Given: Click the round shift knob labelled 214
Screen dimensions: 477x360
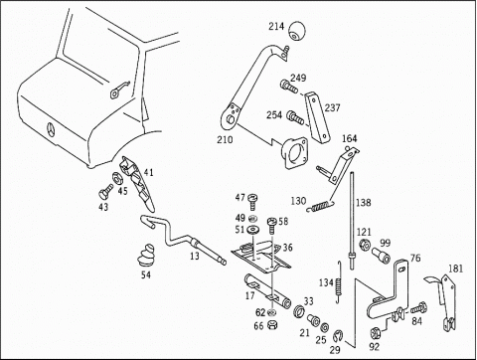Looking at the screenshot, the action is tap(297, 31).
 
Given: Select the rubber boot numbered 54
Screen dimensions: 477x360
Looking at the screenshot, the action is tap(146, 256).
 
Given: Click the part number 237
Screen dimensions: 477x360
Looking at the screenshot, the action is tap(332, 107).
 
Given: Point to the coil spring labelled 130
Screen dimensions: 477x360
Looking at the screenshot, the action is tap(321, 206).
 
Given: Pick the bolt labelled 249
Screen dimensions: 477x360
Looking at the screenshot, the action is tap(289, 86).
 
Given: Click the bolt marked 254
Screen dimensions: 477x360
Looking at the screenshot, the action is tap(295, 117).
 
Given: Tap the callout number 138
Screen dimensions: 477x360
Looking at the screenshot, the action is tap(364, 203).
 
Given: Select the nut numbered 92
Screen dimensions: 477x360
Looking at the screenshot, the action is tap(376, 332).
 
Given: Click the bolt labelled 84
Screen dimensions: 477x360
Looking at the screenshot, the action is tap(418, 307).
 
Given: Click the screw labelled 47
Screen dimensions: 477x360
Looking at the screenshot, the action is tap(252, 201).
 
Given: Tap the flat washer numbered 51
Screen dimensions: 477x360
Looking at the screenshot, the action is tap(252, 229).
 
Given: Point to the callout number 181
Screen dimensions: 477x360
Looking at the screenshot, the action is tap(455, 269).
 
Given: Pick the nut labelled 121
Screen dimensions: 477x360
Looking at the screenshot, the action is tap(363, 245).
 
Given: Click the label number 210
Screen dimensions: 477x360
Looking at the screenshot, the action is tap(225, 139).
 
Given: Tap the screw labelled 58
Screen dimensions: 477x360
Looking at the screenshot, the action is tap(272, 226).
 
